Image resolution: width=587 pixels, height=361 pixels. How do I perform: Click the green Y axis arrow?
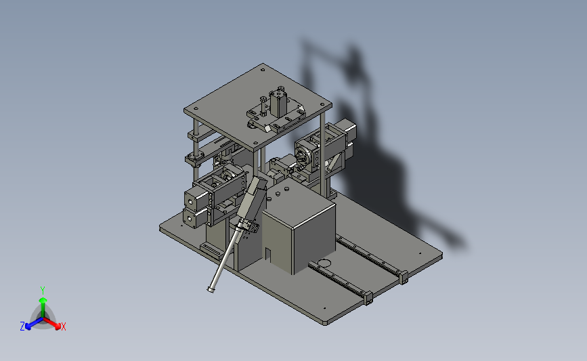[43, 307]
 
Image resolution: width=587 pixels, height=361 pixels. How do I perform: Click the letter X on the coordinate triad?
[63, 326]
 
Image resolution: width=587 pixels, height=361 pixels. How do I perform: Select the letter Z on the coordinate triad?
[22, 326]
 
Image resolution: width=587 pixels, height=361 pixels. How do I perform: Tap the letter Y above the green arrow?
[43, 291]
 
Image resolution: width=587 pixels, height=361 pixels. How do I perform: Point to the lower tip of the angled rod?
[211, 289]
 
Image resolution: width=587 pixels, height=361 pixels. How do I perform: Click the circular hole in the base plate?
[324, 263]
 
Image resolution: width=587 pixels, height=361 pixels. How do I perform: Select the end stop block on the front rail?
[368, 298]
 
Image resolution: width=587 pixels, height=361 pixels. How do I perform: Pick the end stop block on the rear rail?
[404, 277]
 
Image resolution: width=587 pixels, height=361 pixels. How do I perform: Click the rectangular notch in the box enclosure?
[268, 254]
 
